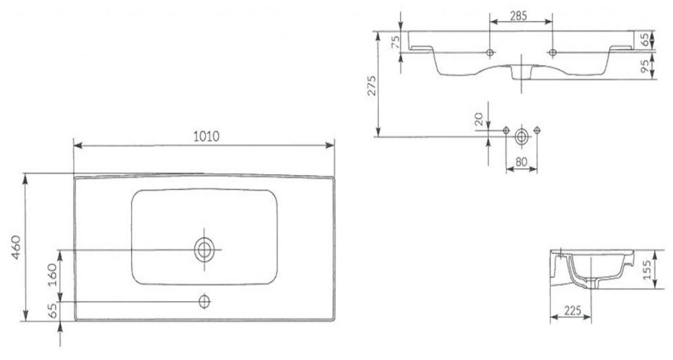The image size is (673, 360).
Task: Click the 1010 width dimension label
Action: (206, 136)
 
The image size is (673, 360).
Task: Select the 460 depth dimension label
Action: (16, 247)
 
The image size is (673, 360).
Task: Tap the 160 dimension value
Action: (51, 275)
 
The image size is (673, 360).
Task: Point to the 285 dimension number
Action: (519, 16)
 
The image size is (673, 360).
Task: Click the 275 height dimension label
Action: (372, 85)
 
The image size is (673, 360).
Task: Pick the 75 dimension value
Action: (395, 41)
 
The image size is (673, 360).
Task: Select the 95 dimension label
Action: (645, 66)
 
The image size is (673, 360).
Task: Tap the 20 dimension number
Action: (479, 119)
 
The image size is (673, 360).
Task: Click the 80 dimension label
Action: (521, 162)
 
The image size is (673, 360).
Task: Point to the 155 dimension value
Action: (647, 270)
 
